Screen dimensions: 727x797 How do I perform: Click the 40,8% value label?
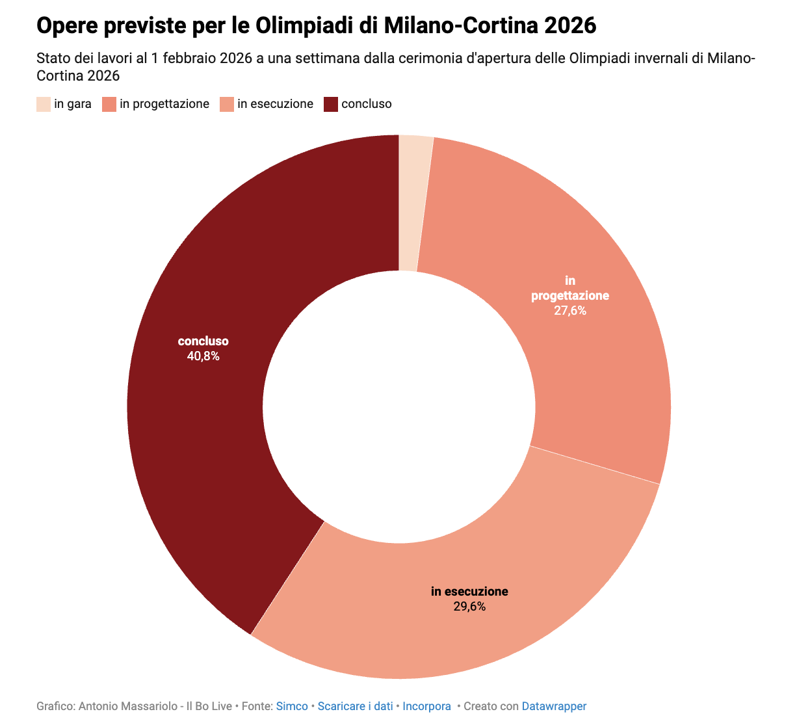[x=203, y=356]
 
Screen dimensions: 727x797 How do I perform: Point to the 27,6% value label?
[x=570, y=311]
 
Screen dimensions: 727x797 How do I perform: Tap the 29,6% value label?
[x=469, y=607]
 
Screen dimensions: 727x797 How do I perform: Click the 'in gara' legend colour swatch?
[x=44, y=104]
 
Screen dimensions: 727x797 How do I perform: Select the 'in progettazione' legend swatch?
[x=109, y=104]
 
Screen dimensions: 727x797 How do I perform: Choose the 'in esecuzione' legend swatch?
[x=227, y=104]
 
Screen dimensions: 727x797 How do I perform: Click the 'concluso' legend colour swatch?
[x=331, y=104]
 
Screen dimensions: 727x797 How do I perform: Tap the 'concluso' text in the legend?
[x=367, y=104]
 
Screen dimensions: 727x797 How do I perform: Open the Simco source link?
[x=292, y=706]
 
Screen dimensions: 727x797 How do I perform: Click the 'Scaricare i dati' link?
[x=355, y=706]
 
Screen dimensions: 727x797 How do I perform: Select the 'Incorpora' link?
[x=426, y=706]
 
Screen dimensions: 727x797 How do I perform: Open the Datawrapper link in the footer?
[x=554, y=706]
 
